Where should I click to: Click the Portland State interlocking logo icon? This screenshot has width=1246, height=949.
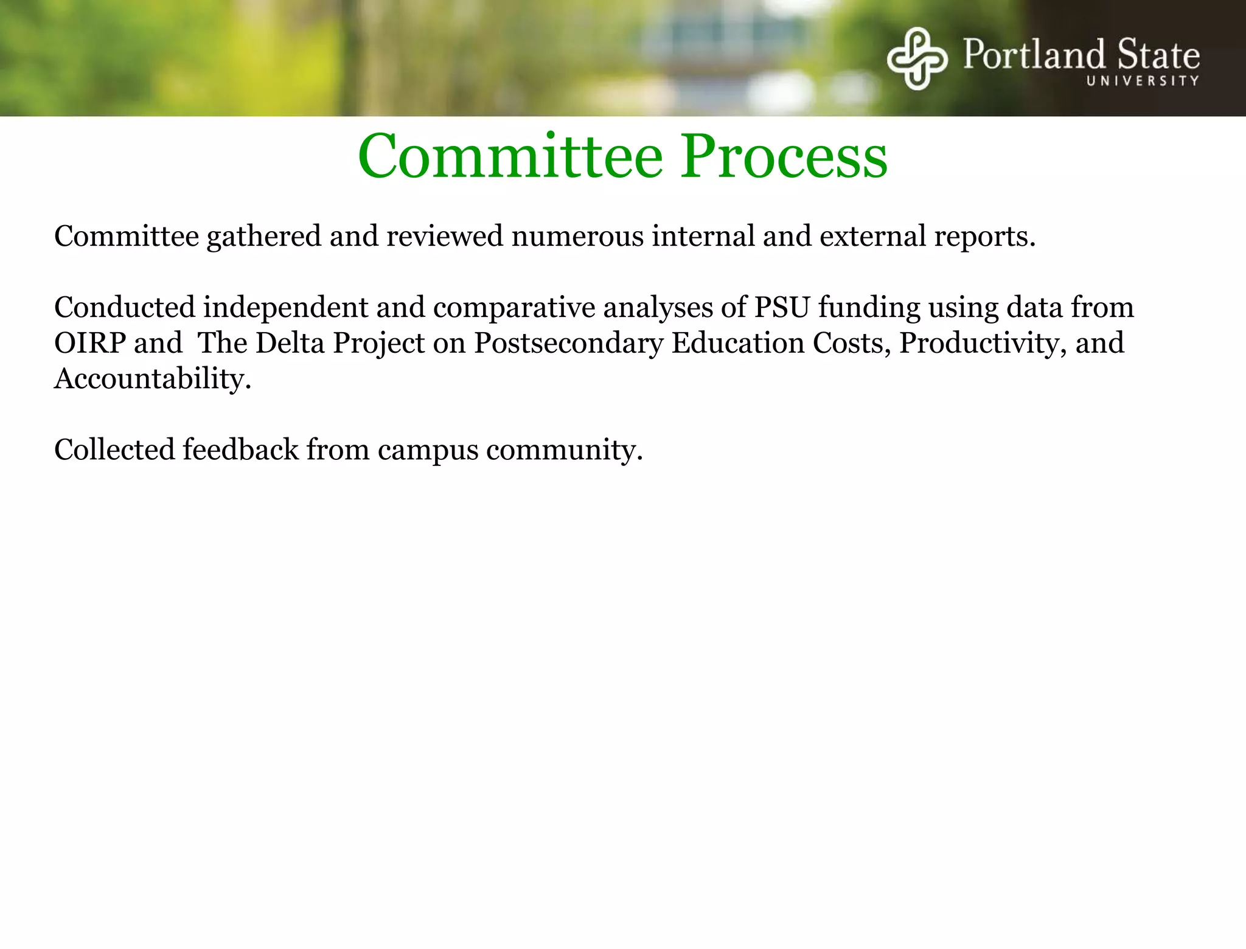point(917,58)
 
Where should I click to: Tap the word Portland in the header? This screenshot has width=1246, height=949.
point(1034,55)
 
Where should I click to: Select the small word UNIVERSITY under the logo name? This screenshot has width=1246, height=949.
point(1143,81)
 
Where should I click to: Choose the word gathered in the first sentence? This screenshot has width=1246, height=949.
point(263,237)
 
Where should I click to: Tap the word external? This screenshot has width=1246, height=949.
point(872,237)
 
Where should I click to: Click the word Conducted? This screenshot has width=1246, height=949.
point(124,307)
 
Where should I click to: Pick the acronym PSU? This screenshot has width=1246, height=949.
point(782,307)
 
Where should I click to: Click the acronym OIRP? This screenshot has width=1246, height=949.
point(89,343)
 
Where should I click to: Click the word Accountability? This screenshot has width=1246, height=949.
point(152,379)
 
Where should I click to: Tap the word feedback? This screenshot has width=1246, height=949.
point(240,450)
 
